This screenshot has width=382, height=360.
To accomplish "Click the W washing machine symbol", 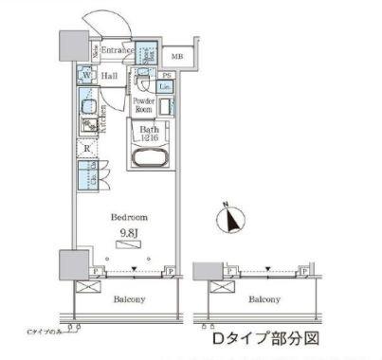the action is click(85, 76).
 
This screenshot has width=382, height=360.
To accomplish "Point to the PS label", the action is click(167, 76).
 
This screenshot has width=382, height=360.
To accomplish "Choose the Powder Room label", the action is click(143, 105).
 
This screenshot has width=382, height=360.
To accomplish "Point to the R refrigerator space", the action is click(86, 148).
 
